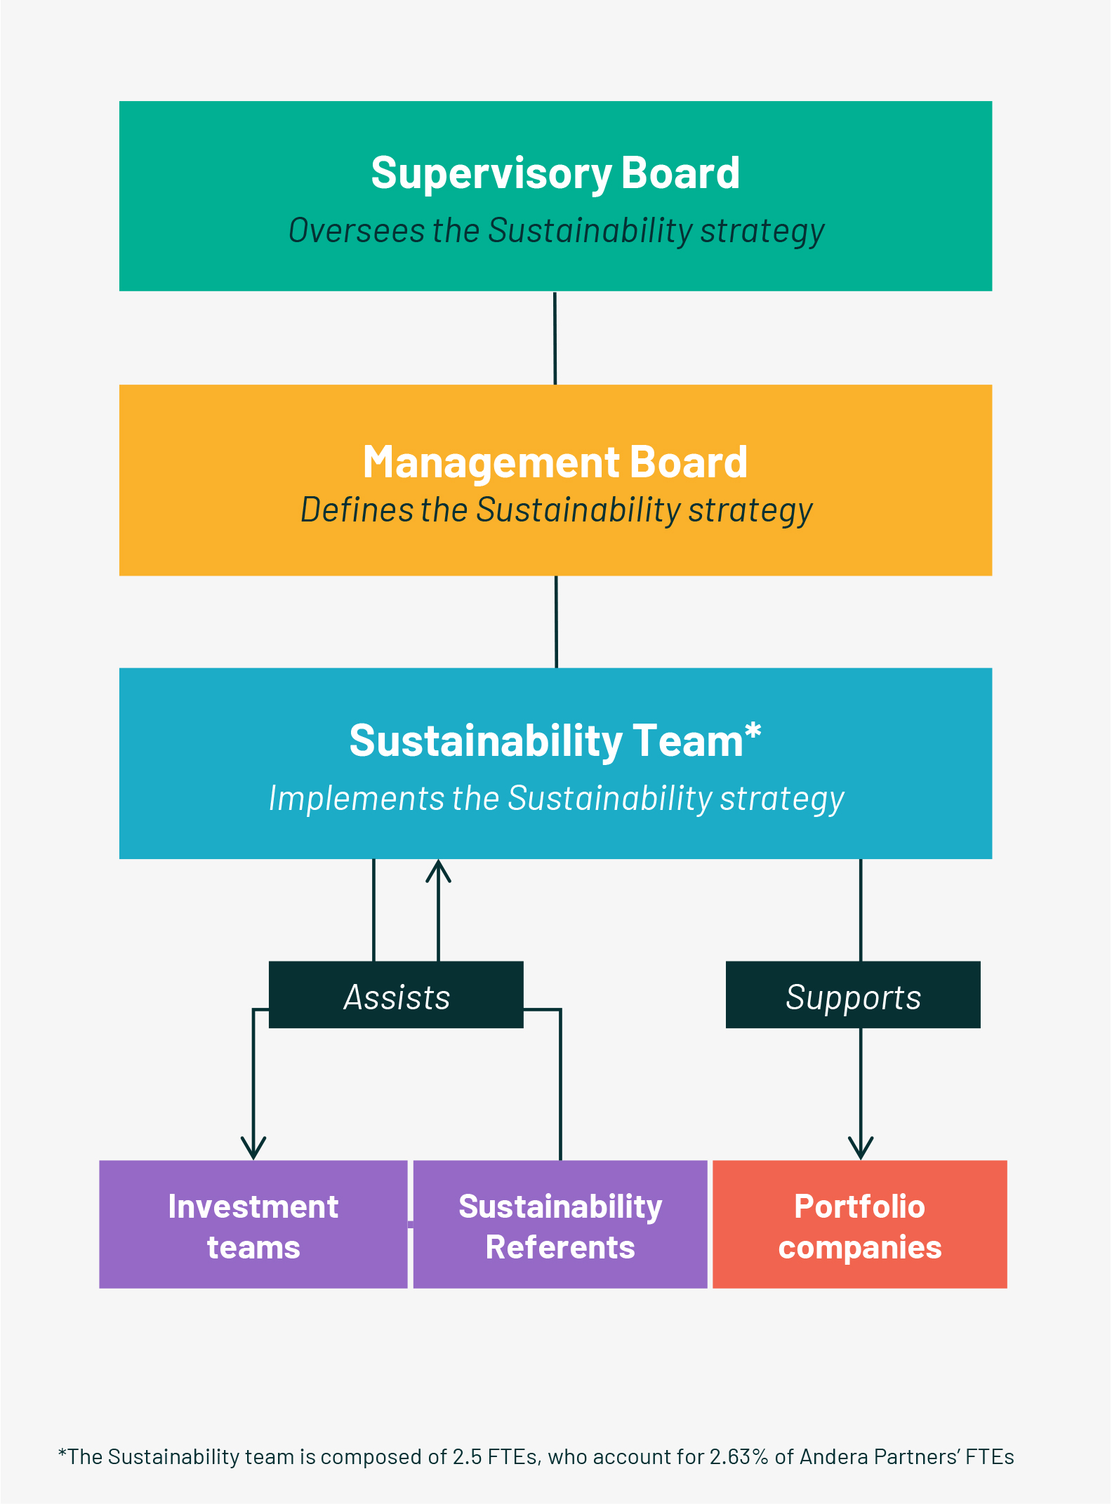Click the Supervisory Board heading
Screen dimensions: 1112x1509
pyautogui.click(x=555, y=173)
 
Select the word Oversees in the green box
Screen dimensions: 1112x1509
pyautogui.click(x=357, y=230)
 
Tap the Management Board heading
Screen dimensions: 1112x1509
pyautogui.click(x=555, y=463)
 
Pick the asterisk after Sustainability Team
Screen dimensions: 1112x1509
pyautogui.click(x=753, y=731)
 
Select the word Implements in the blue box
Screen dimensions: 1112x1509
pyautogui.click(x=357, y=799)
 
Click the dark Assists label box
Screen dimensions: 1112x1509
pyautogui.click(x=396, y=995)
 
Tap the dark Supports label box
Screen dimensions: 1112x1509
pyautogui.click(x=853, y=995)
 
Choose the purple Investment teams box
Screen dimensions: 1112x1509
pyautogui.click(x=253, y=1224)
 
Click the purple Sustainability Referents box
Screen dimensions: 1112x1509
pyautogui.click(x=560, y=1224)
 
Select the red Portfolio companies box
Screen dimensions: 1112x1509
pyautogui.click(x=860, y=1224)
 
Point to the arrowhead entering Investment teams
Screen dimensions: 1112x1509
pyautogui.click(x=253, y=1148)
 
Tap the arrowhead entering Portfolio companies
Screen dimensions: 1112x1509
pyautogui.click(x=861, y=1148)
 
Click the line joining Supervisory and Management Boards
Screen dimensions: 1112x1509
pyautogui.click(x=555, y=338)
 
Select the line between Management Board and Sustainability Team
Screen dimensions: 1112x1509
pyautogui.click(x=556, y=622)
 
